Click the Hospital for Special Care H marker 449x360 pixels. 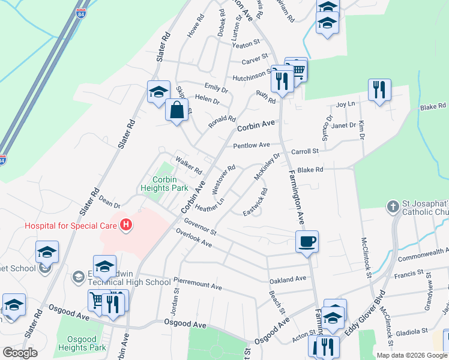tap(126, 226)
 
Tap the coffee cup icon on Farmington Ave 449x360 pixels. tap(307, 242)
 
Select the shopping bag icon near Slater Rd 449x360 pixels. tap(176, 110)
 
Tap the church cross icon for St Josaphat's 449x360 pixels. tap(393, 207)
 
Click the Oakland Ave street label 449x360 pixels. tap(288, 280)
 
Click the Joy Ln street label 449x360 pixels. tap(346, 104)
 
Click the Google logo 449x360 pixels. tap(20, 353)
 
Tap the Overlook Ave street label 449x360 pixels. tap(194, 238)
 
